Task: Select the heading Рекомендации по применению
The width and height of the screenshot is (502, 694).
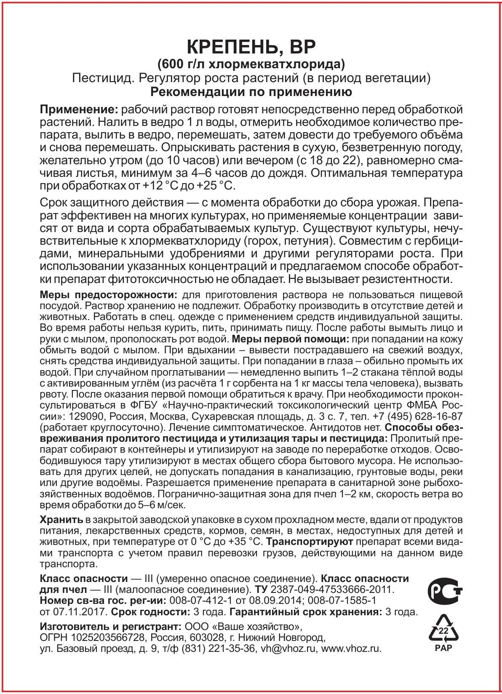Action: pyautogui.click(x=251, y=92)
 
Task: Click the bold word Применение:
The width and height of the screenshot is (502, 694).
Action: pyautogui.click(x=78, y=110)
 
